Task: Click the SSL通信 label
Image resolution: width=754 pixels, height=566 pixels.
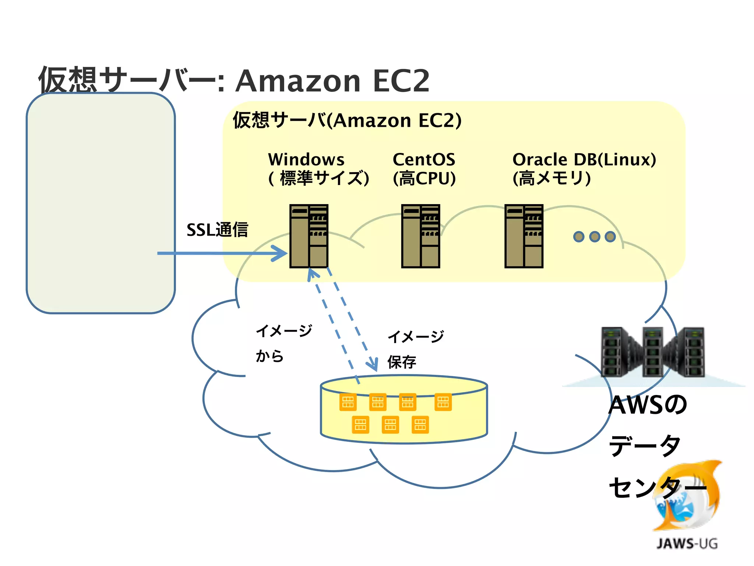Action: [217, 230]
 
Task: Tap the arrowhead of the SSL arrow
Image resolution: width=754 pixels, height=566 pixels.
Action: [282, 253]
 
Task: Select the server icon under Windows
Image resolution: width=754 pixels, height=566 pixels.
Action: [309, 236]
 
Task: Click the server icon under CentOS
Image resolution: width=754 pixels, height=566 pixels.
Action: [420, 236]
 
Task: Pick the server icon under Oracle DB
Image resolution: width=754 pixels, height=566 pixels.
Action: [524, 236]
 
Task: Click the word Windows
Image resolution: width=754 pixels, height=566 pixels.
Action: [306, 160]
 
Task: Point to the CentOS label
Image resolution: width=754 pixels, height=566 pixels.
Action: [424, 160]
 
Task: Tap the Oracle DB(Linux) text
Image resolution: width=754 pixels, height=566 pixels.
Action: [584, 160]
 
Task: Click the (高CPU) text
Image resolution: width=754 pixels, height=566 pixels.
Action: [424, 179]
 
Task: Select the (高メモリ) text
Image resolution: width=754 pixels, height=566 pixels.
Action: [552, 179]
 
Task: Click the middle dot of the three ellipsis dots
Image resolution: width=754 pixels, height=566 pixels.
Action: [595, 237]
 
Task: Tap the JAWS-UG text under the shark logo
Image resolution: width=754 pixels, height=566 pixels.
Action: [687, 544]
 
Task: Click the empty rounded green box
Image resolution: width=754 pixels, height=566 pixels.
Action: [101, 203]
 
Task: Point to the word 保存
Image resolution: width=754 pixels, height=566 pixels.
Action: [402, 362]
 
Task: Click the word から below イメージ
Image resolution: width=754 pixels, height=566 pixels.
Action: [269, 356]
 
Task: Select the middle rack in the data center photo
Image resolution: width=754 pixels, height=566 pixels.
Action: [652, 352]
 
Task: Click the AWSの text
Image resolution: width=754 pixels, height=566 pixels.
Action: [647, 405]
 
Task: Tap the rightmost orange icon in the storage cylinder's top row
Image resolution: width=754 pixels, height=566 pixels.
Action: [443, 402]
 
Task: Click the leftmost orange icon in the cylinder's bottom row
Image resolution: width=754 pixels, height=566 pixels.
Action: [360, 424]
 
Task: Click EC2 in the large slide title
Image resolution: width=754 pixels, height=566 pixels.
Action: [401, 81]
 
